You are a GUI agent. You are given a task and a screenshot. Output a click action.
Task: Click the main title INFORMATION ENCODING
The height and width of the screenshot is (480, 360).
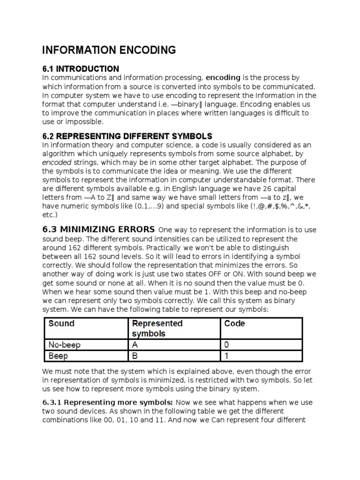(x=109, y=50)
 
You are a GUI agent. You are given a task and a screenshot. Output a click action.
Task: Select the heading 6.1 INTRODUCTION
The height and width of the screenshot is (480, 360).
(x=81, y=69)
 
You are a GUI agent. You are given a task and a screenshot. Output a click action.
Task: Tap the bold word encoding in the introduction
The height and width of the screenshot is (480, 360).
(x=223, y=78)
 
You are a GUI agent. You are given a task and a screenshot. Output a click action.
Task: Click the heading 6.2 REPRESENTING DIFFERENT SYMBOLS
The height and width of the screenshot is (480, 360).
(x=127, y=136)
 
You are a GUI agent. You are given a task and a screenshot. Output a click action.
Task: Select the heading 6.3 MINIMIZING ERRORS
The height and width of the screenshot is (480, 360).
(x=98, y=230)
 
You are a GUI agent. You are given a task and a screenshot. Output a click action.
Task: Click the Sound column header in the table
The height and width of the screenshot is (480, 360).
(x=61, y=323)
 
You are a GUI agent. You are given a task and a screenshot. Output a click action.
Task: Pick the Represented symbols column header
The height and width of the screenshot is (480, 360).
(x=157, y=328)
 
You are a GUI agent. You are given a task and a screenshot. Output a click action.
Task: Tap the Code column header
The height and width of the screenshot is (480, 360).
(x=234, y=323)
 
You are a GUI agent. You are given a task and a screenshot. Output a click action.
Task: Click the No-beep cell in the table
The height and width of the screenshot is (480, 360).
(x=65, y=345)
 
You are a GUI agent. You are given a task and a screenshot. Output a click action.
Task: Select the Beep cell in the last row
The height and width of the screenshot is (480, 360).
(x=59, y=356)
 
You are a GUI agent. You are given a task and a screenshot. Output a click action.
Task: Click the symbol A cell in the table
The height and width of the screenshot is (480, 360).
(x=135, y=345)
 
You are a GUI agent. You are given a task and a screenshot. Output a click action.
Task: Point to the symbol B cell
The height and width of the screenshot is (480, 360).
(x=135, y=356)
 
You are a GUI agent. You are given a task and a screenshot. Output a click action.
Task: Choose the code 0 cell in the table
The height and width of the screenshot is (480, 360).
(x=227, y=345)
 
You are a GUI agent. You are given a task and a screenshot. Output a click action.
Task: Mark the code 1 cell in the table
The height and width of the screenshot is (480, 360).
(x=227, y=356)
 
